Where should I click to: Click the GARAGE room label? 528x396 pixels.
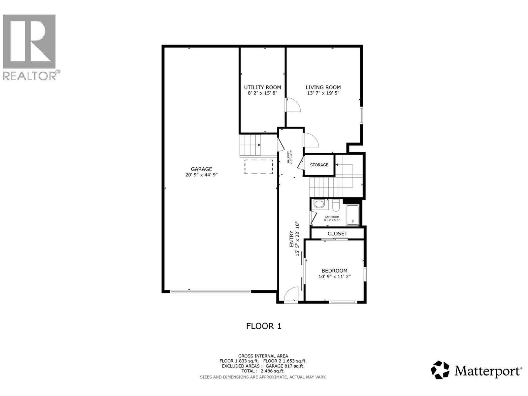(201, 169)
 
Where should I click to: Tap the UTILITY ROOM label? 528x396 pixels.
(262, 87)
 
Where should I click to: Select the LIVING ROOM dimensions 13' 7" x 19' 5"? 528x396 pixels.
(323, 93)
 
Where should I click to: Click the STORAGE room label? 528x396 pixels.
(319, 165)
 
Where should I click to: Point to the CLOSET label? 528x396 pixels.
(337, 234)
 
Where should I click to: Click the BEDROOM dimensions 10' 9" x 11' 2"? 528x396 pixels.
(334, 277)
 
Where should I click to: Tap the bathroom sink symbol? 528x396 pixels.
(319, 204)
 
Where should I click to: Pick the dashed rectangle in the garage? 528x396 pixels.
(259, 167)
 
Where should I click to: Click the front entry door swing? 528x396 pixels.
(290, 294)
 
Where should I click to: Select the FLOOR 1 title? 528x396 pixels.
(264, 326)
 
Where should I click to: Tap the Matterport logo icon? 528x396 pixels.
(440, 370)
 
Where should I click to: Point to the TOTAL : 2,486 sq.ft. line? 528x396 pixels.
(263, 371)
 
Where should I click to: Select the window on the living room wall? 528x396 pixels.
(361, 115)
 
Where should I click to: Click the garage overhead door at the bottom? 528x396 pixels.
(211, 291)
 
